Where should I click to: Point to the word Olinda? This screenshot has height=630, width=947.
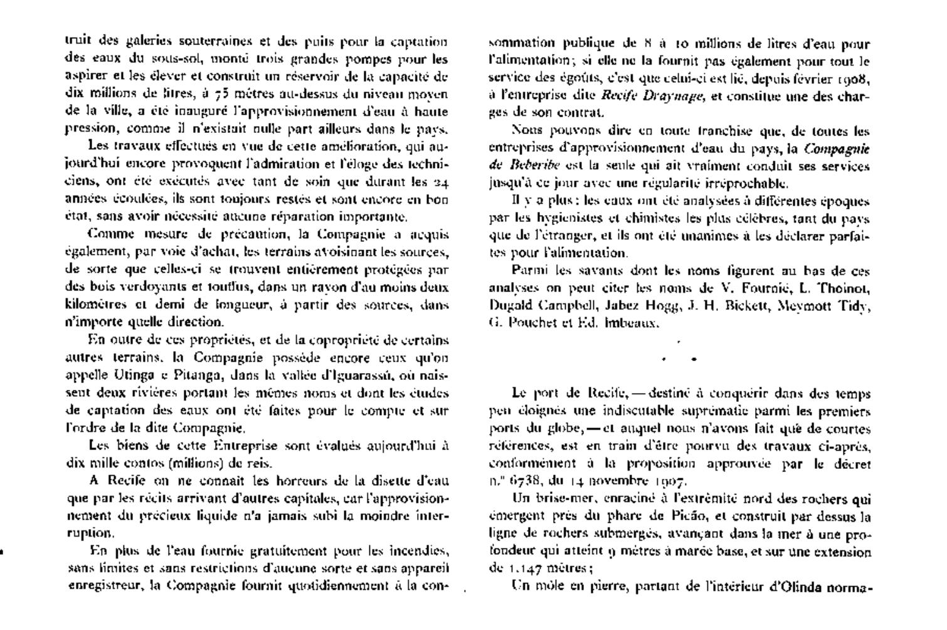coord(796,587)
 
